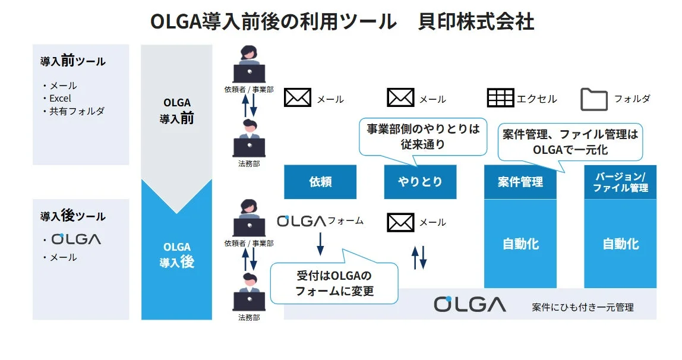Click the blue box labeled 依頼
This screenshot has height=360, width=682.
pos(320,182)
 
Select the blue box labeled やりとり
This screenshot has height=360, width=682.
pos(420,182)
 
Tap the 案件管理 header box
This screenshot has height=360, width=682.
pos(520,182)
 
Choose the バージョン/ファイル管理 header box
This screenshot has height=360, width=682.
pos(620,182)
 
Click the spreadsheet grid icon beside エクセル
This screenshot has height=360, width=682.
pos(500,98)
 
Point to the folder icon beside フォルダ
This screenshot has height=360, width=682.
pos(593,99)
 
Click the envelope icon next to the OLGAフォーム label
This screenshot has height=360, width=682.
pos(400,222)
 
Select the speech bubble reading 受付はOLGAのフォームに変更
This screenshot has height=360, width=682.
pos(334,283)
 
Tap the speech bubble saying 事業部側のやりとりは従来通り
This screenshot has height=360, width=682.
pos(422,136)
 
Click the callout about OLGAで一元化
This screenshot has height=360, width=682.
pos(570,142)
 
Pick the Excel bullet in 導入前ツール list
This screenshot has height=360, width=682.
pos(59,98)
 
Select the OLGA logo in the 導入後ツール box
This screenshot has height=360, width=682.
pos(76,239)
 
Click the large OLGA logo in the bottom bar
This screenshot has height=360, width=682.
pos(470,304)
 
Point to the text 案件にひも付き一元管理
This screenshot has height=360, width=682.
pos(582,307)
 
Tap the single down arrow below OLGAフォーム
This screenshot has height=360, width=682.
pos(320,243)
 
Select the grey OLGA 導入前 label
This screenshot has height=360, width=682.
pos(176,111)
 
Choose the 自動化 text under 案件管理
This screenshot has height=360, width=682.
pos(520,244)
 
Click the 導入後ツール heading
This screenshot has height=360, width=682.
pos(72,216)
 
